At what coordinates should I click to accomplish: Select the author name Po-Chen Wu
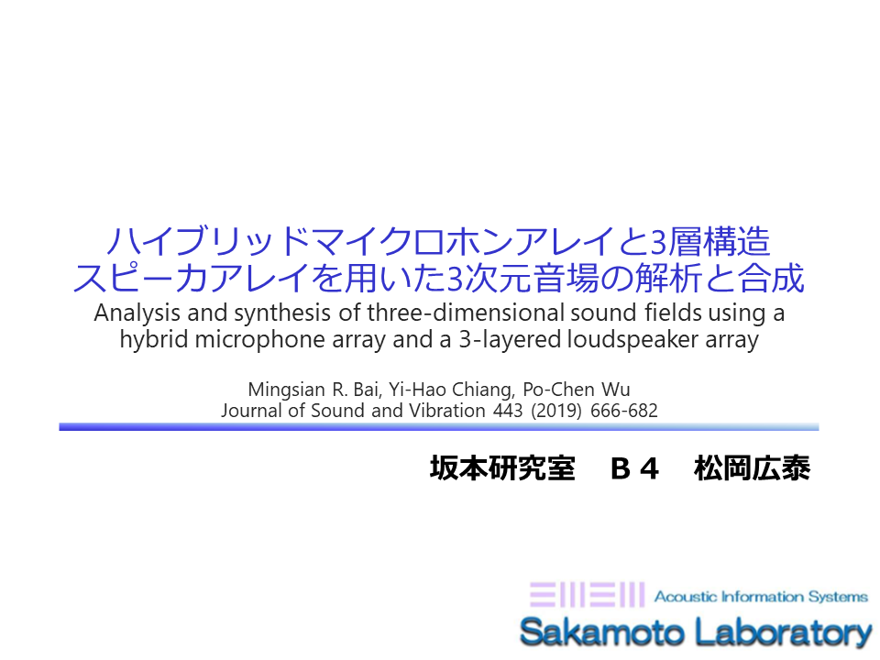[577, 389]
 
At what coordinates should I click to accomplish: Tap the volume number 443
[508, 411]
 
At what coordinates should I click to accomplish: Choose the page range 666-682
[623, 411]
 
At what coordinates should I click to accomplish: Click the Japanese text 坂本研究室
[503, 468]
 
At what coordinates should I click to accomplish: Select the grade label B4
[634, 468]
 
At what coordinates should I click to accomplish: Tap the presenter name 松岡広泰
[752, 468]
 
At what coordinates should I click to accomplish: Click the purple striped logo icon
[587, 595]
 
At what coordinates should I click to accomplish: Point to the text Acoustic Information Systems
[761, 596]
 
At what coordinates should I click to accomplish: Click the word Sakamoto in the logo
[601, 632]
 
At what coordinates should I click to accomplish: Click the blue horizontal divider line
[439, 427]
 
